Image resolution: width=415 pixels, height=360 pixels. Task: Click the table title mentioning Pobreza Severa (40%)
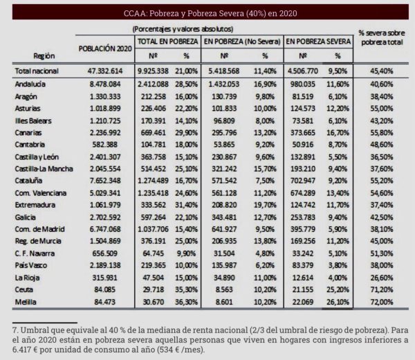tap(210, 13)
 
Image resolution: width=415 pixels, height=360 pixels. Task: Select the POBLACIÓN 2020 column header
tap(105, 48)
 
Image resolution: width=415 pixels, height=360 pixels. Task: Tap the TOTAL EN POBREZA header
tap(168, 42)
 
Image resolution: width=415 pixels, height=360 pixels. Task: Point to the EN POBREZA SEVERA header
tap(318, 42)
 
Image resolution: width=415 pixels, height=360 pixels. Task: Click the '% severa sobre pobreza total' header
tap(382, 37)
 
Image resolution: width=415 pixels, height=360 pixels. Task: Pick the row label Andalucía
tap(30, 84)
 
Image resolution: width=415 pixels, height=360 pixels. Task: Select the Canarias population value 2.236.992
tap(105, 133)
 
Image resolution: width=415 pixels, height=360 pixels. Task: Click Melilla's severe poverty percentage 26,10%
tap(338, 302)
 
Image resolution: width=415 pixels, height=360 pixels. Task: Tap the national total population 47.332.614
tap(105, 71)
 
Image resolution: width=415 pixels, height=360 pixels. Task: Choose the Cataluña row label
tap(28, 181)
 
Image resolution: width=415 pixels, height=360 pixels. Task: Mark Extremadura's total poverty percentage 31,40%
tap(186, 205)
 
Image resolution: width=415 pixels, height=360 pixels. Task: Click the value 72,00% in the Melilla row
tap(382, 302)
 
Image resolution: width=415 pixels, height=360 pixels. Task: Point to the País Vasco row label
tap(31, 265)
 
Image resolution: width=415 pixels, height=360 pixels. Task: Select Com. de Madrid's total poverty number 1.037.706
tap(153, 229)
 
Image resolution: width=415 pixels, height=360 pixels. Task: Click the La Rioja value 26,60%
tap(382, 278)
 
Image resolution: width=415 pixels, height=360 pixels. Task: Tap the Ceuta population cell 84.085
tap(105, 289)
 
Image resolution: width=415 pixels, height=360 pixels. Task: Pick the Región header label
tap(44, 56)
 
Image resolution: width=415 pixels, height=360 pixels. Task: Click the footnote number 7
tap(15, 330)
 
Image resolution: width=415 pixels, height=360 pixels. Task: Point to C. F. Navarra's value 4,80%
tap(265, 253)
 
